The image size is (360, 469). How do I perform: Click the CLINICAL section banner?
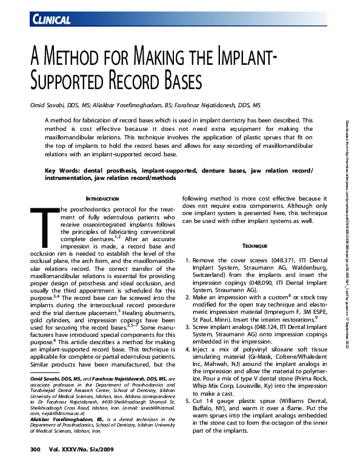(50, 21)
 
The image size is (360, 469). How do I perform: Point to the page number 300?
(35, 449)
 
